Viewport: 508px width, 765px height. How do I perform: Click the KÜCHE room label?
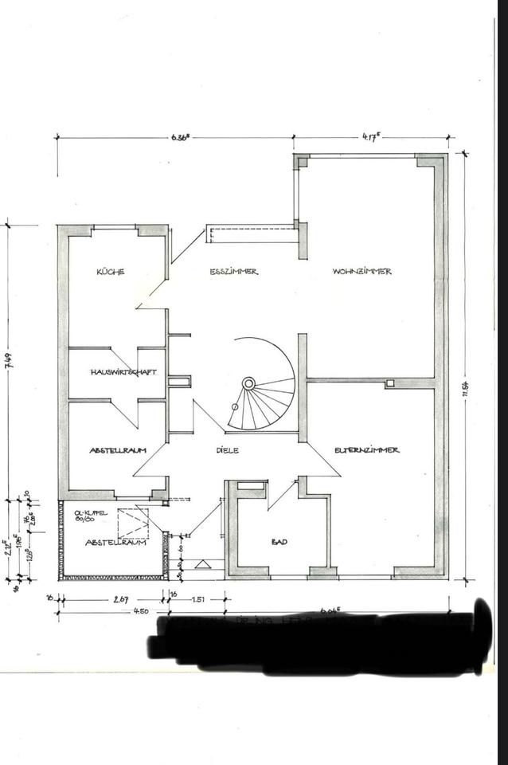[110, 272]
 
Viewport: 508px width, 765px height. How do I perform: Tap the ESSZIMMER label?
[233, 272]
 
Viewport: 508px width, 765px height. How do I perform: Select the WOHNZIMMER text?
[362, 272]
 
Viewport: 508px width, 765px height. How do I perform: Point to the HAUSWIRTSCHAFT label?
[123, 372]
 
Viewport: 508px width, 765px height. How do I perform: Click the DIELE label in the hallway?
[227, 450]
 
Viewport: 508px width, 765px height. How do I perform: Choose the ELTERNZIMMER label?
[367, 450]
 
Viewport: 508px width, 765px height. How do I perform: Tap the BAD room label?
[279, 542]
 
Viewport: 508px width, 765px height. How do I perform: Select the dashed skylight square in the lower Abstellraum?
[132, 523]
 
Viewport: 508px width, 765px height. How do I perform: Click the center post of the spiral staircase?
[248, 383]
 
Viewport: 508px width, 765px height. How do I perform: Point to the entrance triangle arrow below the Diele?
[203, 564]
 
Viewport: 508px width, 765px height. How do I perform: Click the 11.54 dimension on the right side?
[464, 388]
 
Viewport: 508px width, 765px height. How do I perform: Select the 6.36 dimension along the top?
[179, 136]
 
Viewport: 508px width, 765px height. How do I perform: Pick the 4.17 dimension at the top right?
[370, 136]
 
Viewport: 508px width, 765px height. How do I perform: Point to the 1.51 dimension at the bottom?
[199, 598]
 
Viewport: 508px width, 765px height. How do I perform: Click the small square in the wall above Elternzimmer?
[389, 384]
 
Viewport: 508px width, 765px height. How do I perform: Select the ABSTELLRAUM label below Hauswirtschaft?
[119, 450]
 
